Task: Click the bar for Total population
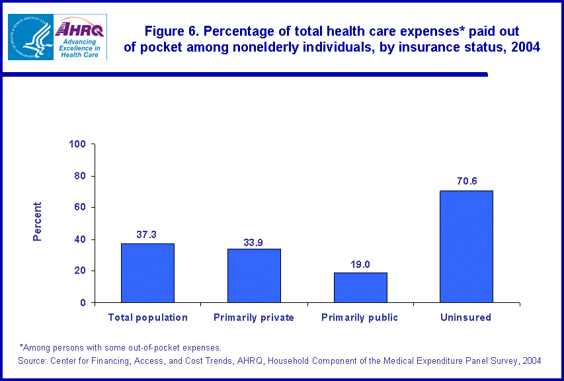(x=147, y=273)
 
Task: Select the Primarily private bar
(x=254, y=275)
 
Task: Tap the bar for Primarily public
(x=360, y=287)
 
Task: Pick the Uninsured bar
(x=466, y=246)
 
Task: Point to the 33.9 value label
(x=254, y=242)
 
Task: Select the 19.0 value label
(x=360, y=265)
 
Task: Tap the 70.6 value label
(x=466, y=181)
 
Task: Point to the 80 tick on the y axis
(x=81, y=176)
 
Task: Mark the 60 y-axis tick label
(x=81, y=208)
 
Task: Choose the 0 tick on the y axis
(x=83, y=303)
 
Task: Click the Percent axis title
(x=38, y=222)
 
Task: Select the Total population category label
(x=147, y=317)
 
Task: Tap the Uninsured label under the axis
(x=466, y=317)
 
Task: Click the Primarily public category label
(x=360, y=317)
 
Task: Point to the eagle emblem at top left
(x=30, y=37)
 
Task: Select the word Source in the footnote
(x=34, y=360)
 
